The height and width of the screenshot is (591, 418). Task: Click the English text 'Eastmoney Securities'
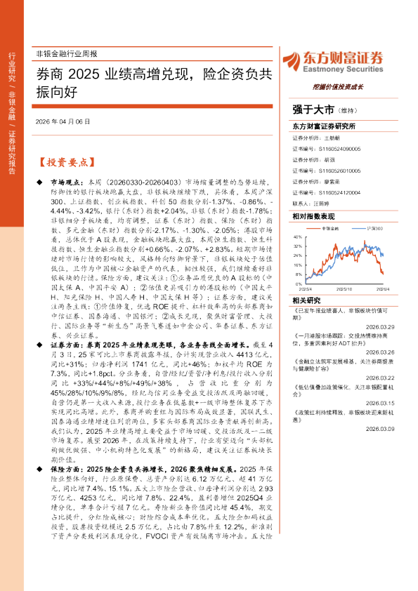pyautogui.click(x=343, y=69)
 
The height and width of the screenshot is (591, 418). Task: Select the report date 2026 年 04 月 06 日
pyautogui.click(x=63, y=122)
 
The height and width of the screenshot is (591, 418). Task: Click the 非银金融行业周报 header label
pyautogui.click(x=66, y=54)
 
